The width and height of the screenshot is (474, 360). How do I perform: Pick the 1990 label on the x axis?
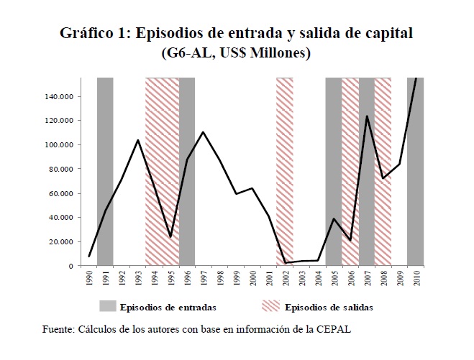tap(88, 278)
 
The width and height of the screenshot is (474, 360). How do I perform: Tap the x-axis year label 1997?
tap(204, 278)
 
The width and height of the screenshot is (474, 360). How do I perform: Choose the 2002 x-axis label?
tap(286, 278)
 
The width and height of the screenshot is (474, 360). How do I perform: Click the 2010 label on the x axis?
tap(416, 278)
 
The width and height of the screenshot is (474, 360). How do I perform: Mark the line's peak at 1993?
tap(138, 140)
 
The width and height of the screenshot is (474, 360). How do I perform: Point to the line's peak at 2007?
tap(367, 116)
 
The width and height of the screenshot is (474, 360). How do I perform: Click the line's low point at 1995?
tap(171, 236)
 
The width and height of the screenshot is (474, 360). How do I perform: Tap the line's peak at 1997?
tap(204, 132)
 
